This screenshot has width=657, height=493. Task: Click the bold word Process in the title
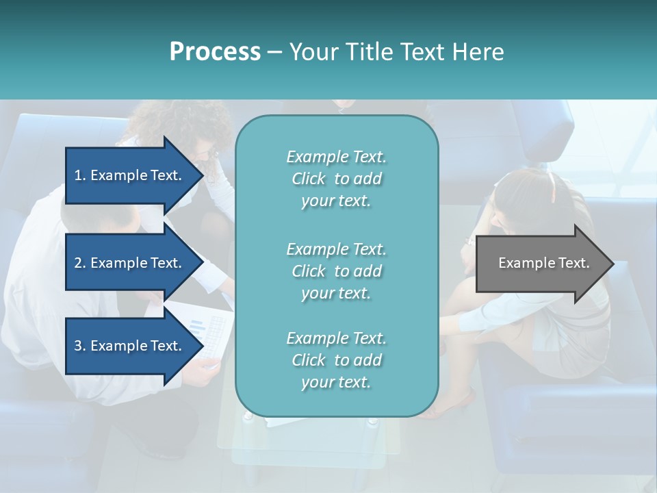[215, 52]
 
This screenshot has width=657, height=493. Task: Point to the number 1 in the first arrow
[78, 175]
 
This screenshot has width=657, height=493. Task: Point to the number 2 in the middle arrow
[78, 263]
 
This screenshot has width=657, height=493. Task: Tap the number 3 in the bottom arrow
[78, 346]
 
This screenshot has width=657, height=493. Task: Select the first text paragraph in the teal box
[336, 179]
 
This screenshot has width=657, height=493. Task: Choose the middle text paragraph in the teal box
[336, 271]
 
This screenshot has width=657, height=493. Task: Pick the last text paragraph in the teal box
[336, 360]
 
